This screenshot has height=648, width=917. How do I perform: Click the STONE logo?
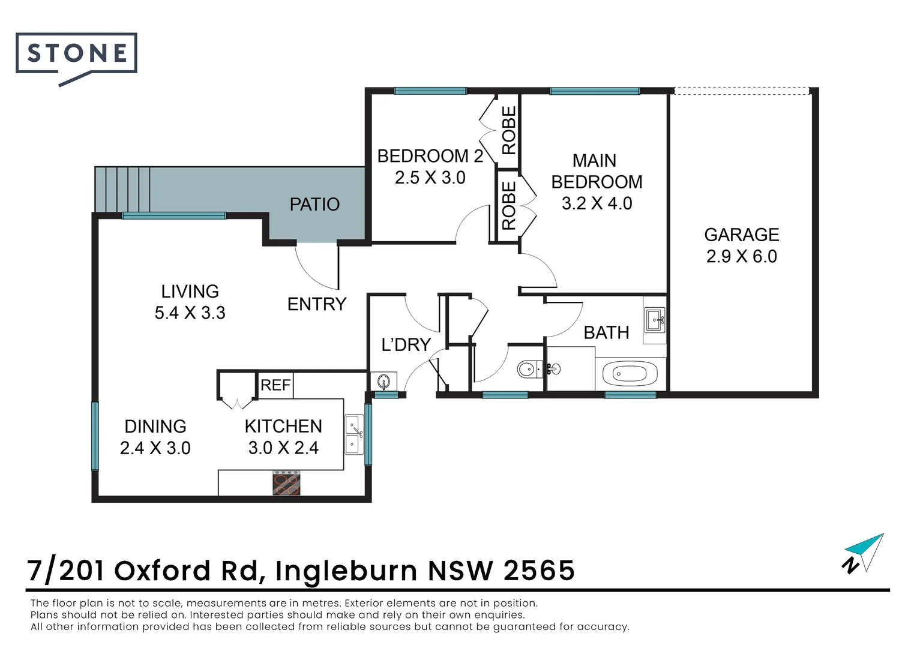click(x=76, y=54)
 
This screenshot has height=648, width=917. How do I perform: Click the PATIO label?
click(x=314, y=205)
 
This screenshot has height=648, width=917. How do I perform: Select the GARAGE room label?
click(x=741, y=235)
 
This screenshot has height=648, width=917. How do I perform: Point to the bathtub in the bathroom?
click(x=630, y=374)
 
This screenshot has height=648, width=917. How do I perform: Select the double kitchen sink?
click(x=353, y=435)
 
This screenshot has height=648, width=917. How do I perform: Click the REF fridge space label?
click(x=275, y=385)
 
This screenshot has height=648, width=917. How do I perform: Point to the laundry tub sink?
click(x=383, y=381)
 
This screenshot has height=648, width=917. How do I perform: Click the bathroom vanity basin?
click(x=655, y=320)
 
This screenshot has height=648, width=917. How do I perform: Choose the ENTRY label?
click(x=317, y=304)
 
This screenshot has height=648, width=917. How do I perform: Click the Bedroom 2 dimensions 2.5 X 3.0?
click(x=430, y=178)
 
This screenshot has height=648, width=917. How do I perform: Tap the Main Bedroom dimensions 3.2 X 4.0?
click(x=597, y=203)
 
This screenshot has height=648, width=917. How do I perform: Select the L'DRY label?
click(x=406, y=344)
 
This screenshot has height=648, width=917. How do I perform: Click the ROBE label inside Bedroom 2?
click(x=508, y=130)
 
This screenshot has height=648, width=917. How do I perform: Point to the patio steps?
click(x=122, y=189)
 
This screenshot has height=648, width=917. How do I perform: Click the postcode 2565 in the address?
click(x=539, y=571)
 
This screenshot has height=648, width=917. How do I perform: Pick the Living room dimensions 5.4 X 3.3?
click(x=190, y=313)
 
